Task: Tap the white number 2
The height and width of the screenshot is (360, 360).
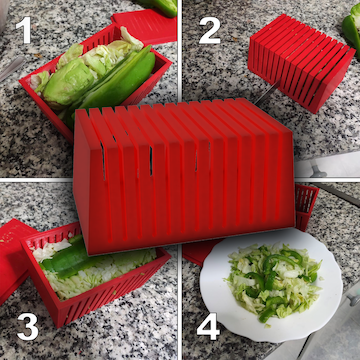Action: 209,31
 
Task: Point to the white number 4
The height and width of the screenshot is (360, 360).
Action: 206,327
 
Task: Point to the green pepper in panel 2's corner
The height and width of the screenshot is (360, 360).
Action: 351,30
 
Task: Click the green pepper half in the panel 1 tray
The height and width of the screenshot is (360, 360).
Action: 125,80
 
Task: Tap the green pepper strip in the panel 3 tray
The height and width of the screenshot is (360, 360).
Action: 70,263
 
